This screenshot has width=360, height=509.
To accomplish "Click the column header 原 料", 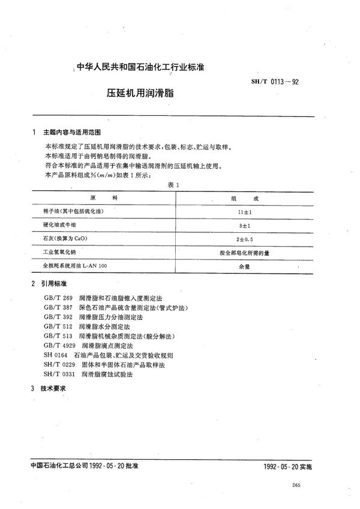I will tap(99, 197).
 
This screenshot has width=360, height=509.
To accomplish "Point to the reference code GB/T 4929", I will tap(59, 346).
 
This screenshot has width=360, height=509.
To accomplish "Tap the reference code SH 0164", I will tap(55, 355).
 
